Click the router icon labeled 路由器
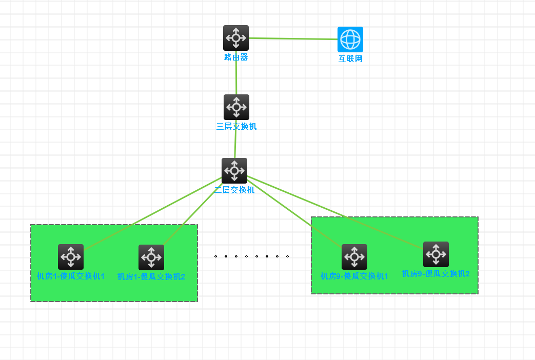tap(236, 38)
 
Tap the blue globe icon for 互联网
tap(350, 39)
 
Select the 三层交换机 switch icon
tap(236, 107)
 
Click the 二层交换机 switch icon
tap(234, 171)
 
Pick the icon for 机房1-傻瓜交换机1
tap(71, 257)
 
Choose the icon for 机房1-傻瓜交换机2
tap(151, 257)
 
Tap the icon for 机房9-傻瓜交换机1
tap(354, 257)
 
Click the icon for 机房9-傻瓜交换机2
tap(436, 254)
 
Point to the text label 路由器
tap(236, 57)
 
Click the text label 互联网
tap(350, 59)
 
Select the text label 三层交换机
tap(236, 127)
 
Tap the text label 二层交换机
tap(234, 190)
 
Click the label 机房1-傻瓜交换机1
tap(71, 276)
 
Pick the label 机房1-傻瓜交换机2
tap(151, 277)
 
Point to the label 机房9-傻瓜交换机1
tap(354, 276)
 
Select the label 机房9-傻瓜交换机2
tap(436, 274)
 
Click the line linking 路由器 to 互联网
tap(292, 38)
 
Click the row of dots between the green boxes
tap(251, 255)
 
